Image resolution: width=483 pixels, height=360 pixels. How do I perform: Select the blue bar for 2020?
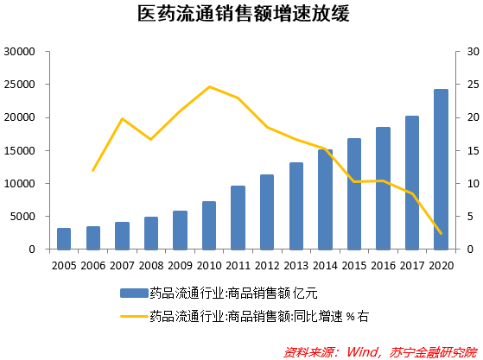point(441,170)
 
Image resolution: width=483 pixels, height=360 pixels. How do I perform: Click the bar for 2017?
point(411,183)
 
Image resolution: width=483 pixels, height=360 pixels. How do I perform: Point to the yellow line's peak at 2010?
point(209,86)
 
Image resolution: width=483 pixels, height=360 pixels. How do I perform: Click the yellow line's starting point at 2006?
point(92,171)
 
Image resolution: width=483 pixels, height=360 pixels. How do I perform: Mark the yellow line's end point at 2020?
point(441,233)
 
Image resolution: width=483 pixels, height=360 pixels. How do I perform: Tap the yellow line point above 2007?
point(122,118)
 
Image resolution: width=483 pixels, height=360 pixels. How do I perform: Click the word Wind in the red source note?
point(364,351)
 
